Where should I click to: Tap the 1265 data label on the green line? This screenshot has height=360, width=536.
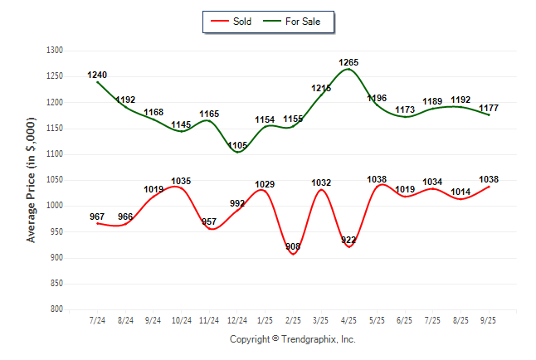click(x=349, y=62)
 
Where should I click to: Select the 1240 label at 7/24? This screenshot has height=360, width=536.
click(x=97, y=75)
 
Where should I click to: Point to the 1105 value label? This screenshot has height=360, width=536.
click(x=237, y=144)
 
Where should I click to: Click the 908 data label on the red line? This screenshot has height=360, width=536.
click(x=293, y=246)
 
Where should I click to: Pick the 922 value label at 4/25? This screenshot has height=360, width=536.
click(x=349, y=240)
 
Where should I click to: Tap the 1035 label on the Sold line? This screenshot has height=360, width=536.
click(x=181, y=181)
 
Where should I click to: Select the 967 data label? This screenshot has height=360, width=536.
click(x=97, y=216)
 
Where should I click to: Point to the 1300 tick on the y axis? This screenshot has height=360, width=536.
click(x=55, y=51)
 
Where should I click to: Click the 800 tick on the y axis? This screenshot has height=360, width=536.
click(x=56, y=309)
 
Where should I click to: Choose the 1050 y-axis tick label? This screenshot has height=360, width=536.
click(x=55, y=180)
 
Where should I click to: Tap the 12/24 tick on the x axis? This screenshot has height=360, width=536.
click(x=237, y=320)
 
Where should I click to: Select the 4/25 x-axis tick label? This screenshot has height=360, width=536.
click(x=349, y=320)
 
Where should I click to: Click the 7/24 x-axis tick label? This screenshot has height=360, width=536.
click(x=97, y=320)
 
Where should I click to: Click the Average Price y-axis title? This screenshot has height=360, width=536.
click(x=32, y=179)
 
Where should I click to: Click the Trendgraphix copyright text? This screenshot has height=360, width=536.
click(x=292, y=339)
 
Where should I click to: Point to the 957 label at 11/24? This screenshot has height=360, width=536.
click(x=209, y=221)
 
